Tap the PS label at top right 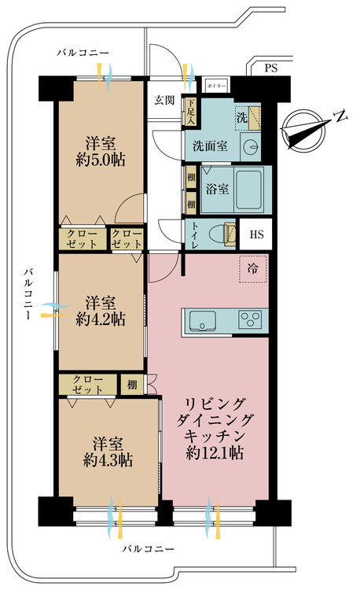[x=272, y=68]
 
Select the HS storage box [x=256, y=234]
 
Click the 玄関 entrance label [x=164, y=100]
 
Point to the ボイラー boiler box [x=216, y=85]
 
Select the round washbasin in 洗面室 [x=251, y=146]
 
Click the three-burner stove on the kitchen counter [x=252, y=320]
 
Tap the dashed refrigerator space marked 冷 [x=252, y=269]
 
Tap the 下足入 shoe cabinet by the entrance [x=189, y=106]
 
